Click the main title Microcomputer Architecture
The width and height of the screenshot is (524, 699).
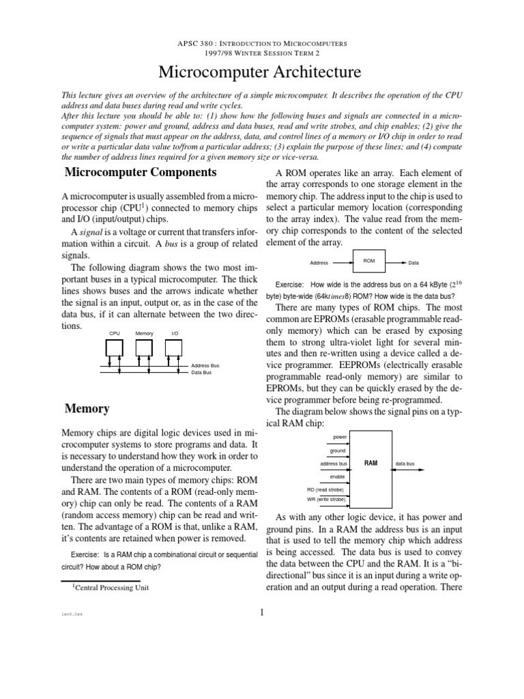tap(261, 72)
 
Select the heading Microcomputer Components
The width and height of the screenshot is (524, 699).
tap(140, 172)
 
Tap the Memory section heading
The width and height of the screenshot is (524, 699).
tap(87, 409)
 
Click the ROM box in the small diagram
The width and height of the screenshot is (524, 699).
tap(369, 261)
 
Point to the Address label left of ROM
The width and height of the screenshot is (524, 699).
tap(319, 262)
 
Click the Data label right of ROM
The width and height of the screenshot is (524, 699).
tap(414, 262)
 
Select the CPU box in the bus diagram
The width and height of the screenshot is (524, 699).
tap(115, 347)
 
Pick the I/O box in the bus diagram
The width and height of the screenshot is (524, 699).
tap(175, 347)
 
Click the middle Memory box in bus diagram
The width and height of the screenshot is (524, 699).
tap(145, 347)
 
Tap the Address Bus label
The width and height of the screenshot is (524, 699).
tap(205, 366)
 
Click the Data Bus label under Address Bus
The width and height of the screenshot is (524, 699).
tap(201, 373)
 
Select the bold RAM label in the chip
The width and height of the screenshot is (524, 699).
tap(370, 463)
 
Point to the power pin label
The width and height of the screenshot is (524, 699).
tap(339, 436)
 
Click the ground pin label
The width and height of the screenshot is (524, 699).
tap(338, 451)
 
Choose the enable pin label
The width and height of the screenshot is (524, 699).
tap(338, 476)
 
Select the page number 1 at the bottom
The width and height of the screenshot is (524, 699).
tap(261, 612)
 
